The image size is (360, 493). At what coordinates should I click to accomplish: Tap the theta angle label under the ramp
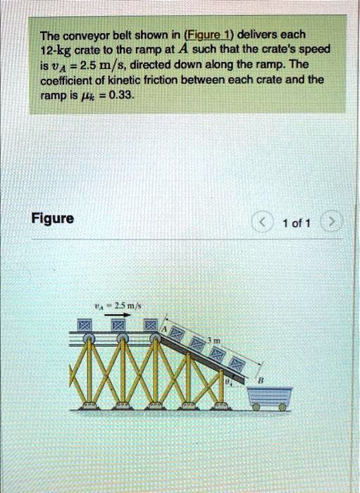click(228, 382)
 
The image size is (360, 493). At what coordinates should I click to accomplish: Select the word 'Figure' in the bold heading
click(53, 219)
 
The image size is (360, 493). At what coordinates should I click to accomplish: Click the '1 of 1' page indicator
click(291, 223)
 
